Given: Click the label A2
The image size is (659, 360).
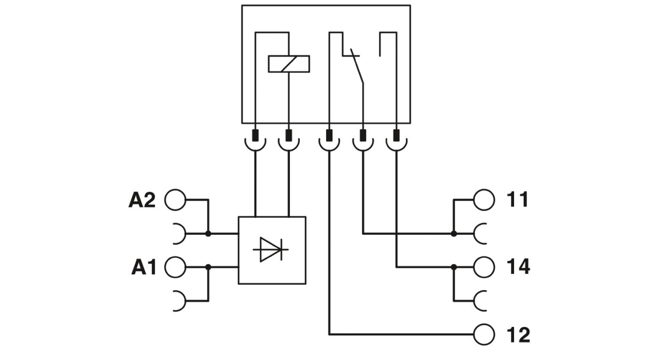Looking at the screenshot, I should [142, 200].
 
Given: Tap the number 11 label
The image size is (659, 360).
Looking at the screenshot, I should [518, 200].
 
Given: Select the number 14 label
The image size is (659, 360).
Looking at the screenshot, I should [518, 267].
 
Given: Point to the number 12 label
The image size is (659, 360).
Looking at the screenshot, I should [518, 334].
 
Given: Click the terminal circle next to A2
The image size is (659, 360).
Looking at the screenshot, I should [175, 200].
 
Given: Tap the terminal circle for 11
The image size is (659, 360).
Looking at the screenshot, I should [484, 200].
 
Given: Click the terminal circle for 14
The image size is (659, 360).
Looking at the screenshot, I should [484, 267].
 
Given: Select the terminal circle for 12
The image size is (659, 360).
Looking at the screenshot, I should [484, 334].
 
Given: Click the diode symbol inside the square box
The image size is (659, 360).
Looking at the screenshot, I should [271, 250].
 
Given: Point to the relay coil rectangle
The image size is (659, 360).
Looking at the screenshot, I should [289, 64].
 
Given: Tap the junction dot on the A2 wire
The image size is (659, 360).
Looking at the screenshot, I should [208, 234].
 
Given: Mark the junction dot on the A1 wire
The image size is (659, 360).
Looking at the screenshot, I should [208, 267].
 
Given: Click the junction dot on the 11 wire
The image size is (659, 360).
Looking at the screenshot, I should [454, 234].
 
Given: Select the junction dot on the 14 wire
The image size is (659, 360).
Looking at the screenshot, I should [454, 267].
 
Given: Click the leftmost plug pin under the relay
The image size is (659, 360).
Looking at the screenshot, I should [255, 135].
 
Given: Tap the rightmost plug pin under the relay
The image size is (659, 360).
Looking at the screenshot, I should [396, 135].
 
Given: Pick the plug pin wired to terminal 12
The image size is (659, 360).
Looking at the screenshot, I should [329, 135].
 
